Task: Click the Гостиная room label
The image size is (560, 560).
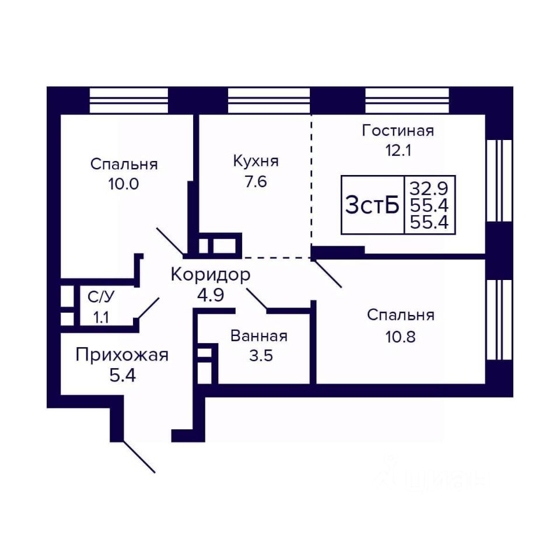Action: [398, 130]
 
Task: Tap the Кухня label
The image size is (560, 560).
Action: [256, 160]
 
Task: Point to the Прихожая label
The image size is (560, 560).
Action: [122, 354]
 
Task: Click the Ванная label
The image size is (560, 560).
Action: [259, 336]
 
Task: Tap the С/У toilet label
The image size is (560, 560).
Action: [101, 296]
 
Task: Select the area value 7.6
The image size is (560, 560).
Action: [256, 181]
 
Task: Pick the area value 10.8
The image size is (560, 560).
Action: [400, 337]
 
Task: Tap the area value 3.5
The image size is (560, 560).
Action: [260, 356]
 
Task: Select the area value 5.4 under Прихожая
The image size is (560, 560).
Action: [123, 375]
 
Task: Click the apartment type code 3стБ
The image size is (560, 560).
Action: [372, 205]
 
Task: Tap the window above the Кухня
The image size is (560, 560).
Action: [268, 100]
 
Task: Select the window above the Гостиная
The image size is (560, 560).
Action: [407, 100]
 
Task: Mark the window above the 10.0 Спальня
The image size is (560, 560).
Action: [129, 100]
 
